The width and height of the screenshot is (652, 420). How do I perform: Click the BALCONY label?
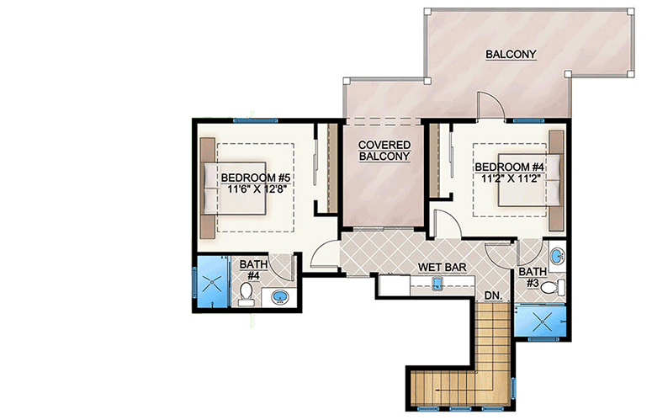click(511, 55)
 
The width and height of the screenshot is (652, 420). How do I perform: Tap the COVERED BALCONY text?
click(384, 150)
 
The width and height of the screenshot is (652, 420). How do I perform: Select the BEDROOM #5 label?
click(256, 178)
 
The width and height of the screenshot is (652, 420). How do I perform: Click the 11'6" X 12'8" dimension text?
click(256, 191)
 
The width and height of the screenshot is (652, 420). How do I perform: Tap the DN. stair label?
click(492, 295)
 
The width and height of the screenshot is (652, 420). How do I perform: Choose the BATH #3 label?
click(532, 278)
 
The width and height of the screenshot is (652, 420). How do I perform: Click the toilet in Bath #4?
click(246, 292)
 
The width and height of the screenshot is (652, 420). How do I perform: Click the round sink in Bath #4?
click(279, 296)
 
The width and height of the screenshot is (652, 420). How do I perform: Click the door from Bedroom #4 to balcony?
click(490, 108)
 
